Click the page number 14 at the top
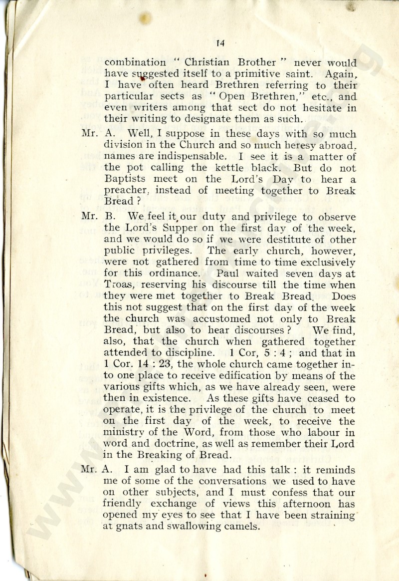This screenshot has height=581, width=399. pyautogui.click(x=220, y=43)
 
